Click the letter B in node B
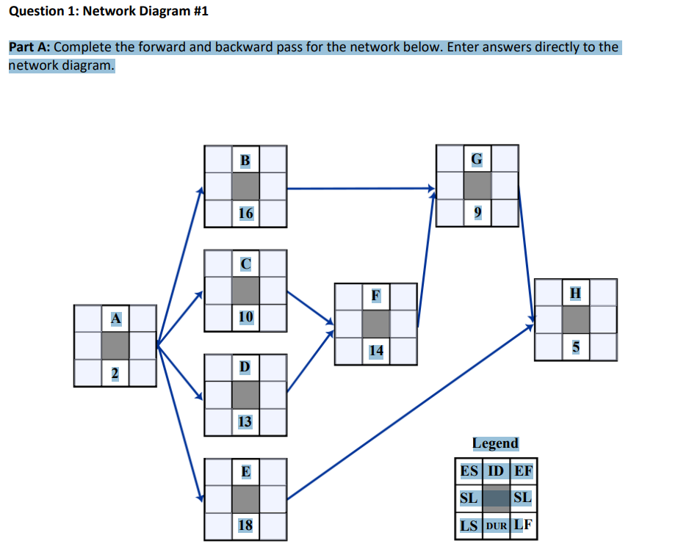click(x=245, y=159)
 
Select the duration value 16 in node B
click(x=245, y=213)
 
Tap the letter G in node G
click(x=477, y=159)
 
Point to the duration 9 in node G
click(x=477, y=213)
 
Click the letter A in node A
click(x=115, y=319)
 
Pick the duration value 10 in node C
click(x=245, y=316)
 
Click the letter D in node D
click(x=245, y=366)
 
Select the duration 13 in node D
click(x=245, y=421)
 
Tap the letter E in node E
click(x=245, y=471)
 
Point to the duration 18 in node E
click(x=245, y=526)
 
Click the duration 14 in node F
click(x=376, y=351)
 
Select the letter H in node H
click(x=576, y=293)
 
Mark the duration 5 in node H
click(x=576, y=347)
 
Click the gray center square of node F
click(x=376, y=324)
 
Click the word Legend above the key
click(x=495, y=443)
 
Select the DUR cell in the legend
click(x=496, y=526)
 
